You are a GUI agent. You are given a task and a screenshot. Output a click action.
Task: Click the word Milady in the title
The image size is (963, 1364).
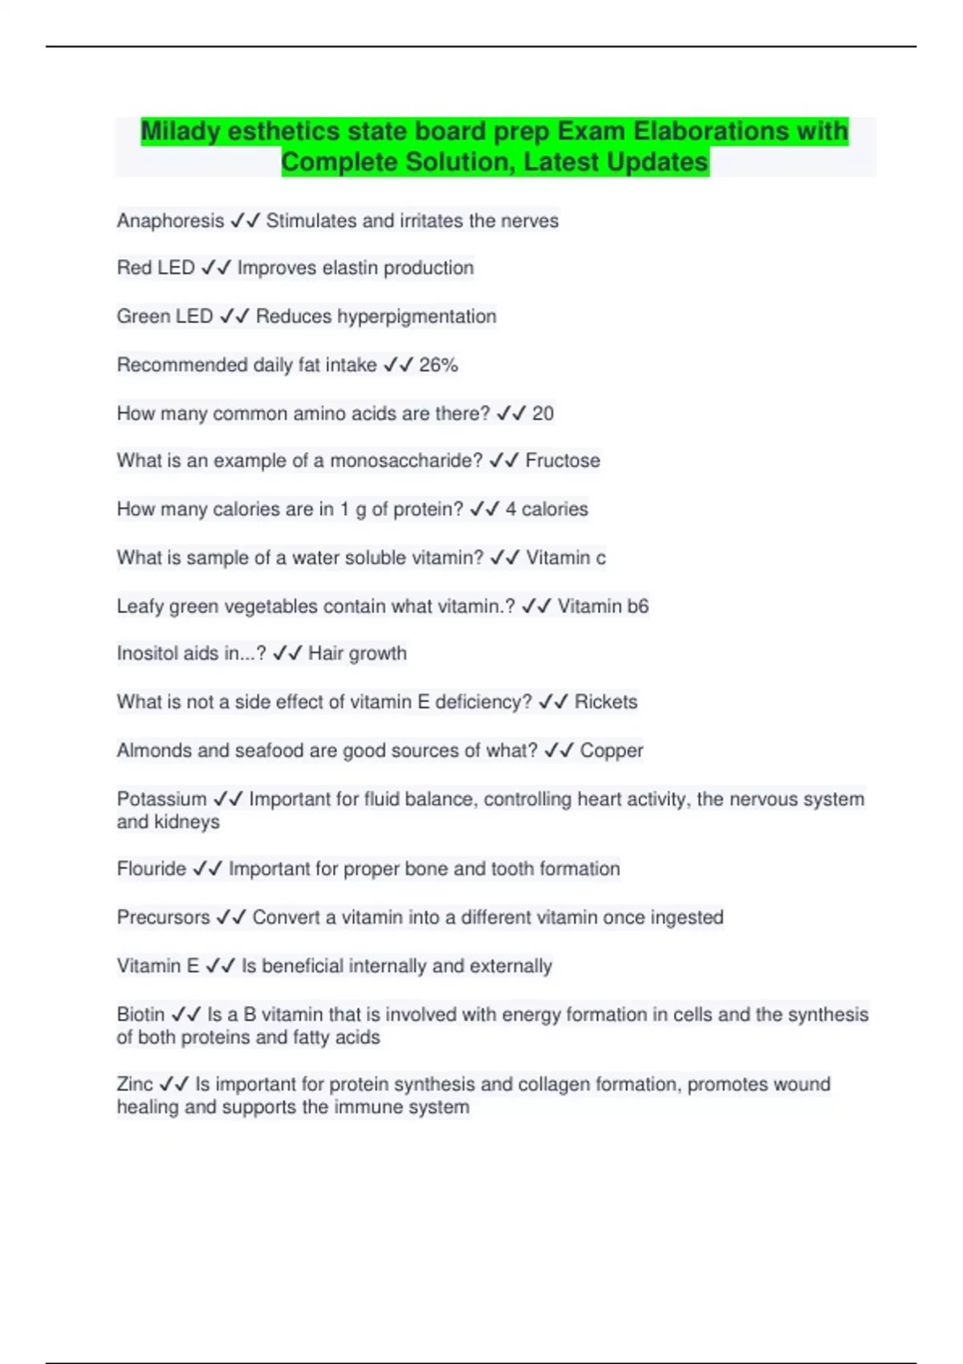coord(181,131)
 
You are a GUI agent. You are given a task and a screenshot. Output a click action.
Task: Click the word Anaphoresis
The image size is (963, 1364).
coord(170,221)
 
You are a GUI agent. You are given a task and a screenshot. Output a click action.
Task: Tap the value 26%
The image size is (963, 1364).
coord(438,365)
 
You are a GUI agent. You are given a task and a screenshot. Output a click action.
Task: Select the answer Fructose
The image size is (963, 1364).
coord(563,461)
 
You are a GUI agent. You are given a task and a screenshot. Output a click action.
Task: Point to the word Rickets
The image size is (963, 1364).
coord(606,702)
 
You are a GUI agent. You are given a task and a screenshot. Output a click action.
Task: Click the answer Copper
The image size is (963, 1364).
coord(612,750)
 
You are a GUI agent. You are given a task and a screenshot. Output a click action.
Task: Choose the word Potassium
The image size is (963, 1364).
coord(161,799)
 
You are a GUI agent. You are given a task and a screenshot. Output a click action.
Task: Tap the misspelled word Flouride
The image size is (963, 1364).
coord(151,869)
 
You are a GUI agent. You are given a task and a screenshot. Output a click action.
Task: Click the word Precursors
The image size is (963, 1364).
coord(163,917)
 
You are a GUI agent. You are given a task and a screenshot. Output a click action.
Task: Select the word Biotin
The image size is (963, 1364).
coord(140,1014)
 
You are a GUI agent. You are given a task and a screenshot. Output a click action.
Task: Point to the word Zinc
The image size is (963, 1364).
coord(134,1084)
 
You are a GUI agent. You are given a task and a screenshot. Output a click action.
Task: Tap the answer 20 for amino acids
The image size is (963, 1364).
coord(542,413)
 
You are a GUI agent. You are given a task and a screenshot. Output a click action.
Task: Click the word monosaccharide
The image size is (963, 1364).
coord(406,461)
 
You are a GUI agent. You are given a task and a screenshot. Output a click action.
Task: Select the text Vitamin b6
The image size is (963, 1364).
coord(603,606)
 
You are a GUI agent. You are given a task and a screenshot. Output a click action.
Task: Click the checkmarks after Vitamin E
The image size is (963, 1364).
coord(220,966)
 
